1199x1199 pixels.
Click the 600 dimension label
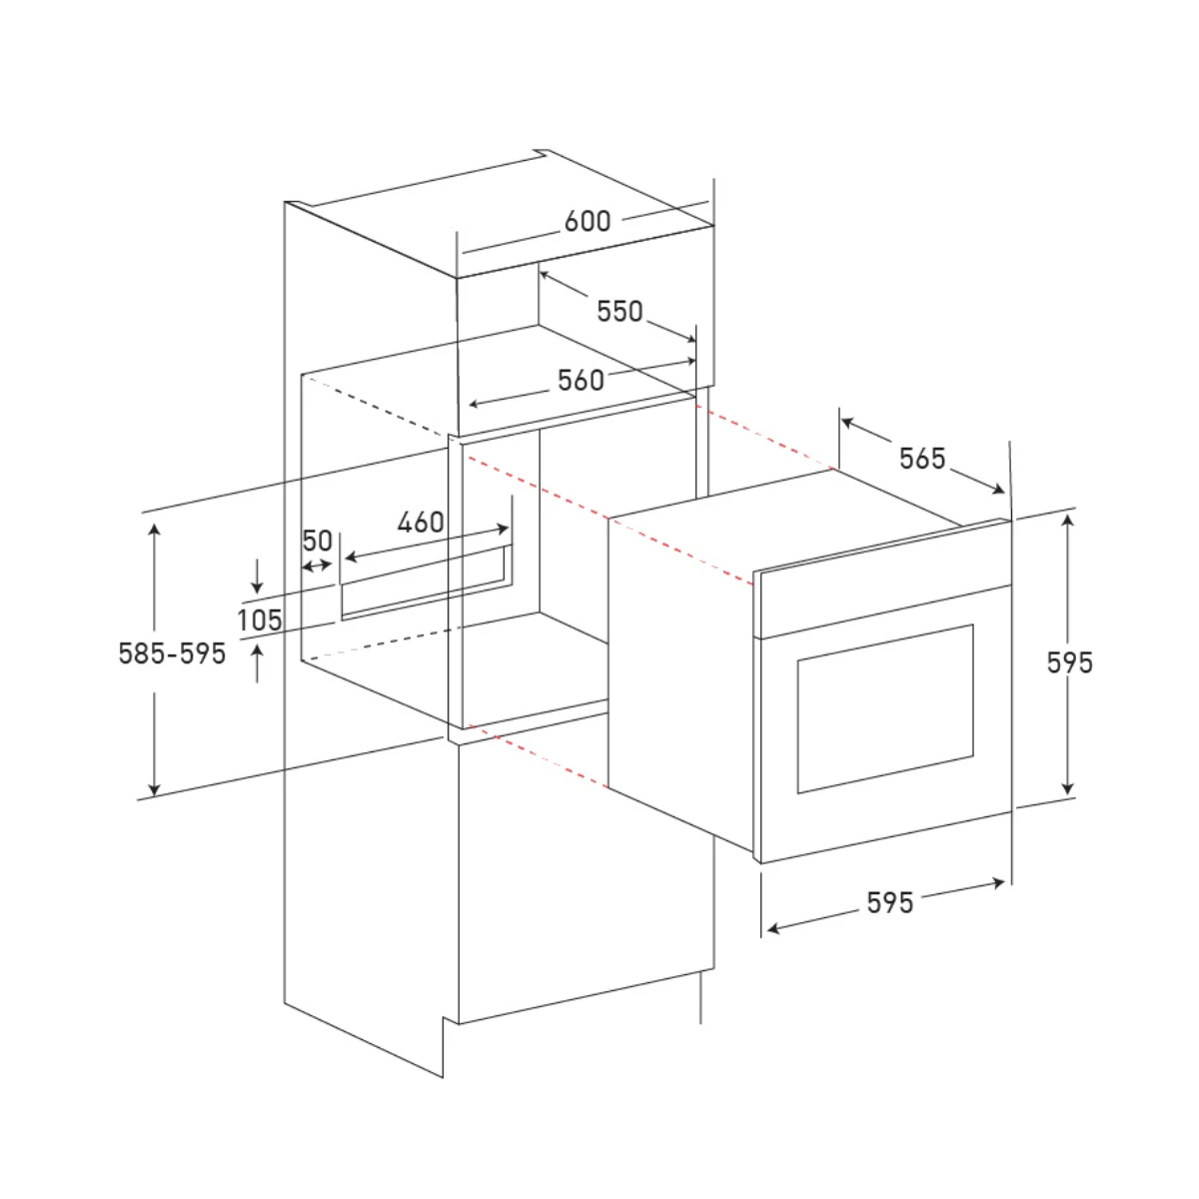click(x=588, y=221)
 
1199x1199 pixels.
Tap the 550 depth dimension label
click(x=619, y=311)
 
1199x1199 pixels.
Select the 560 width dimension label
click(x=581, y=380)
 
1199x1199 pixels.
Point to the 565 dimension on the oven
click(x=922, y=459)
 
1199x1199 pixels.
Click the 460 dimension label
click(x=421, y=522)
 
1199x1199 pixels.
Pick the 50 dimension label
click(x=318, y=541)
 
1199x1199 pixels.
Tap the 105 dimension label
click(x=260, y=619)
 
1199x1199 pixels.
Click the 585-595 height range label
click(x=172, y=653)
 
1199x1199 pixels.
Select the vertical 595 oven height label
click(x=1069, y=662)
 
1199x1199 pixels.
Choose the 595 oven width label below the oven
click(x=890, y=903)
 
